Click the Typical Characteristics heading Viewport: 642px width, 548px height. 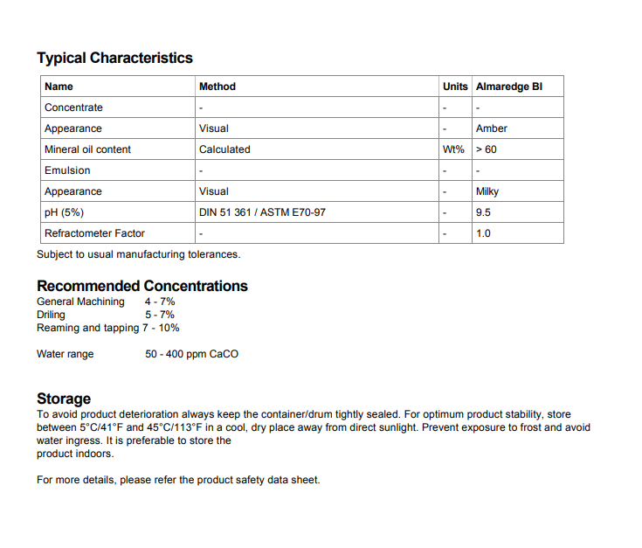pos(114,58)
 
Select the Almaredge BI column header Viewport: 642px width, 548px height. pos(509,87)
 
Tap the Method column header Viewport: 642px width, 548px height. pos(217,87)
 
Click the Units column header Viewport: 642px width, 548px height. pos(455,87)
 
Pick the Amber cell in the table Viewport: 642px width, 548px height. pos(492,128)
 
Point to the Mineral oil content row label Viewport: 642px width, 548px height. pos(87,149)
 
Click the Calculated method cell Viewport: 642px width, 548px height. pos(224,149)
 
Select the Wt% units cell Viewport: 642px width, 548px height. pos(453,149)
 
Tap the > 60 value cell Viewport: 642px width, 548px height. pos(487,149)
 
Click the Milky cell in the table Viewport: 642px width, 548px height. pos(487,191)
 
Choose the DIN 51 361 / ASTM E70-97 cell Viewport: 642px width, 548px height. pos(262,212)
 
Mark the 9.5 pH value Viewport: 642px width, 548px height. pos(483,212)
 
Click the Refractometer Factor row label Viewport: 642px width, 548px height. pos(94,233)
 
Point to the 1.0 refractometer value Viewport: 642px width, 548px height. pos(483,233)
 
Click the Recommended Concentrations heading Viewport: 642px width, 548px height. pos(142,286)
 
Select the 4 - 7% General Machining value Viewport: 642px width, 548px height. pos(160,302)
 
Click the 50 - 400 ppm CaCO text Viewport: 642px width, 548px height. pos(191,354)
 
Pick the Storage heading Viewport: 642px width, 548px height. pos(64,399)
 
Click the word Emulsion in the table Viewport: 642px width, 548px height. pos(67,170)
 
